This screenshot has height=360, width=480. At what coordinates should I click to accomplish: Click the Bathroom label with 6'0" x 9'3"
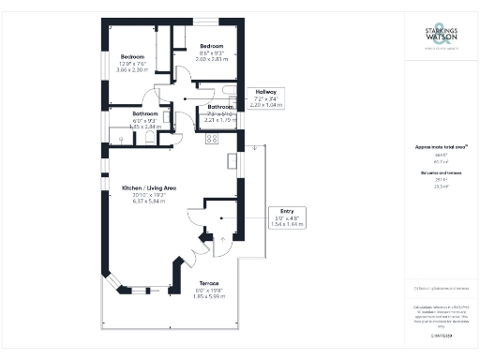click(123, 113)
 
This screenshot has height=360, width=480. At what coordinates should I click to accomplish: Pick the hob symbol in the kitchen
click(212, 139)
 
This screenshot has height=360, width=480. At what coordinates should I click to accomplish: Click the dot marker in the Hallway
click(186, 97)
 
